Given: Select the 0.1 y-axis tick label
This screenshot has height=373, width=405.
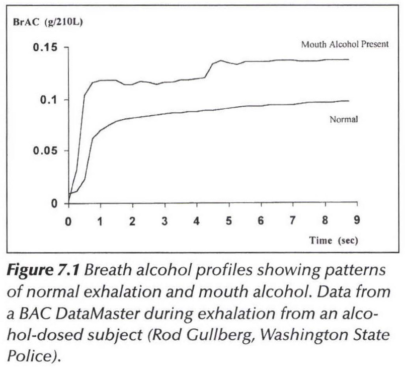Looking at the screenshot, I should [x=50, y=100].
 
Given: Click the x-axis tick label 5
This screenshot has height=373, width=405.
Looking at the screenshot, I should [x=229, y=221].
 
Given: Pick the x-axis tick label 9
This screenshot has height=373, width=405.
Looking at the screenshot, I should [x=357, y=221].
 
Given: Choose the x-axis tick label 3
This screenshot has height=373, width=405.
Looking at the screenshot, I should [x=165, y=221].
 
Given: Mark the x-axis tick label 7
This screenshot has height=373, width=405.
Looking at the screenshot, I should [x=293, y=221].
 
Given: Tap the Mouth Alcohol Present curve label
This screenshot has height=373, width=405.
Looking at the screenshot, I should [x=345, y=44].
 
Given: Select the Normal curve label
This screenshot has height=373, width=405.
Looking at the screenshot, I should [x=343, y=120].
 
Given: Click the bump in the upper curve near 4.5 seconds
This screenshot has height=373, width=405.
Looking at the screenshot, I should [x=220, y=61].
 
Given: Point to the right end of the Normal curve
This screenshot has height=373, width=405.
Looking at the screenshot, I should [x=349, y=101].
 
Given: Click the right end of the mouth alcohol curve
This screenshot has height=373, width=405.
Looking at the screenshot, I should [x=349, y=59].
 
